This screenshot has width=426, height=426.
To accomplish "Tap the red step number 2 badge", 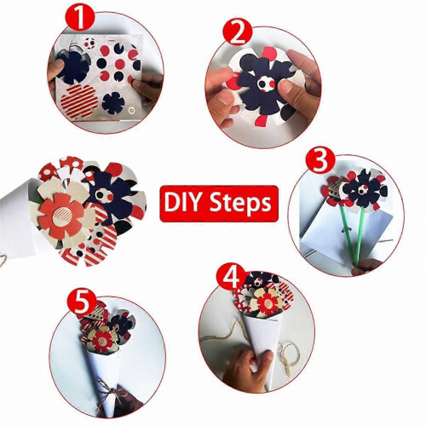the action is [238, 32].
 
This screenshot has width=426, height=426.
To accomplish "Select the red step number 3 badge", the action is [320, 159].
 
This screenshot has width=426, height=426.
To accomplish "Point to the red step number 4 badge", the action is [232, 277].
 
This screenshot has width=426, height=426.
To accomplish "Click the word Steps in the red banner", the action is [240, 204].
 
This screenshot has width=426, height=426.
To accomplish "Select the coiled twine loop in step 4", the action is [289, 355].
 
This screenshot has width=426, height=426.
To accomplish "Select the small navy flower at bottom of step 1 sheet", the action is [113, 102].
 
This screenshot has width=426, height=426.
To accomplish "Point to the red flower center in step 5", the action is [101, 339].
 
